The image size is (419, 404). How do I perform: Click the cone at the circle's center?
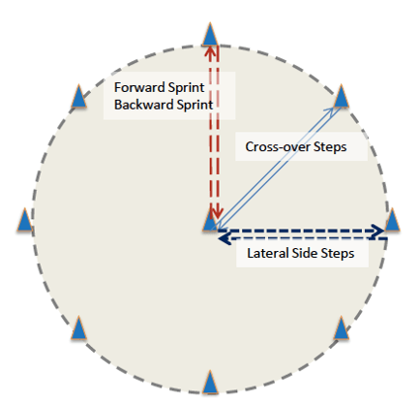210,220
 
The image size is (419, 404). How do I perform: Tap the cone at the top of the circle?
210,34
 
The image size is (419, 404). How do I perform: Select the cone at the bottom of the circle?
210,382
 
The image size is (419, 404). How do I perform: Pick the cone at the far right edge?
392,220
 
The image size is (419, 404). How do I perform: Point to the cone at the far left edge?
25,220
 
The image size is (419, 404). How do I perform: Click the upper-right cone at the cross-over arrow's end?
342,96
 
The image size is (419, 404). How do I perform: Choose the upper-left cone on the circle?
78,96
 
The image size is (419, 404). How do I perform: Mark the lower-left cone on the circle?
78,327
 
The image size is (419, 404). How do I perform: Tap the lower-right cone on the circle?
341,327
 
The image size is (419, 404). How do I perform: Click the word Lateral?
267,253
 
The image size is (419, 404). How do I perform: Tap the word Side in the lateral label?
302,253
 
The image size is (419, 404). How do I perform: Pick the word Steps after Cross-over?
330,147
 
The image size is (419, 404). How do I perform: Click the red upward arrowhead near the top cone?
210,52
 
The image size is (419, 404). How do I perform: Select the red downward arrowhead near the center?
219,212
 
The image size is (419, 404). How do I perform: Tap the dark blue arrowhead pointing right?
377,231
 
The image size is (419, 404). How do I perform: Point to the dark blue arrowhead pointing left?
224,239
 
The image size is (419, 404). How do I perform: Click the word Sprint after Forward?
187,88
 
